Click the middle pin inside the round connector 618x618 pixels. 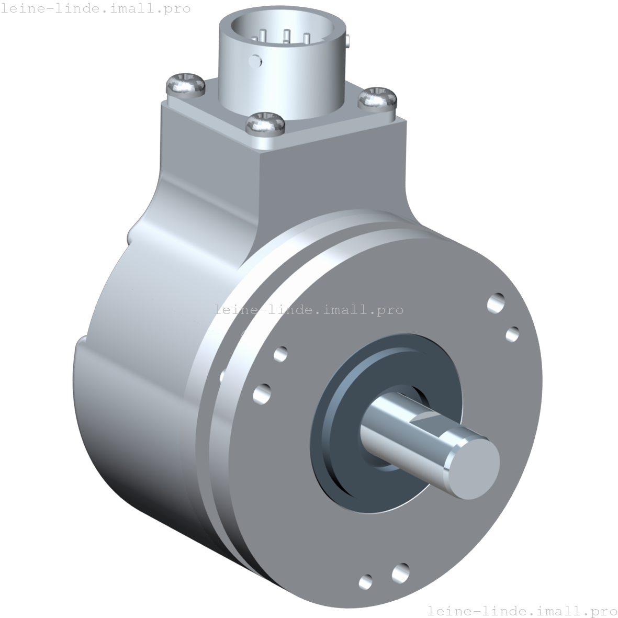click(286, 36)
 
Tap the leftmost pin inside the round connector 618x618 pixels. click(255, 38)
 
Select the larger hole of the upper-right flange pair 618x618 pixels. click(496, 302)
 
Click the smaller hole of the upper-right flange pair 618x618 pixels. click(513, 333)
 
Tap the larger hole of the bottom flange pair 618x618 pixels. click(400, 571)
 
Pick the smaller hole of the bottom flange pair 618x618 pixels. click(366, 581)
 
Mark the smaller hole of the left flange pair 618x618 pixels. click(280, 354)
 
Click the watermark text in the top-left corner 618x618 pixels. click(95, 8)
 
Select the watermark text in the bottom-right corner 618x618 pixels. click(522, 610)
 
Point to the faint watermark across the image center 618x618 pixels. click(309, 309)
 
